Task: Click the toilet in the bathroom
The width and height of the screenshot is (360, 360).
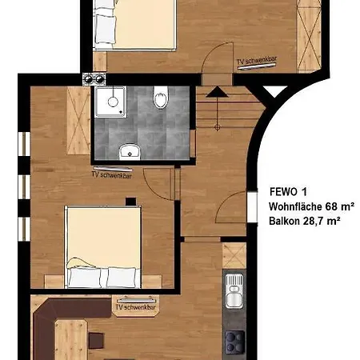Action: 161,98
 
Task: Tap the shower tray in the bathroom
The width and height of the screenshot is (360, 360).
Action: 111,102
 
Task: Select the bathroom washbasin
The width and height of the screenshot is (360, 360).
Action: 130,152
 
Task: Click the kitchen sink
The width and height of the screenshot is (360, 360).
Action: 234,291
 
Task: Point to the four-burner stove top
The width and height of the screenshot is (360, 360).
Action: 234,342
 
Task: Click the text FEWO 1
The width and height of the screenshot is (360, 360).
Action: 288,192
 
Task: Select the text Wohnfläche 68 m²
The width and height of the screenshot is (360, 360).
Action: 311,206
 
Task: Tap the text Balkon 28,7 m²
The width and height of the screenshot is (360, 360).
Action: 304,221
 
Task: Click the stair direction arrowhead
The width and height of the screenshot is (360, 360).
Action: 217,91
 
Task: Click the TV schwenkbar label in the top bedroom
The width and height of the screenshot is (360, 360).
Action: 257,61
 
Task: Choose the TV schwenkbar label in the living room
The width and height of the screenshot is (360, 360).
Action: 136,307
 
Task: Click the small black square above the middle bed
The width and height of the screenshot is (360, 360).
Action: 130,202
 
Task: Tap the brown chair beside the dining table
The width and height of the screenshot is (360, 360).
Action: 96,341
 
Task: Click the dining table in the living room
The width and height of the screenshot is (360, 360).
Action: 71,340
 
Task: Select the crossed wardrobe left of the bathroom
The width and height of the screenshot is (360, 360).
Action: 78,120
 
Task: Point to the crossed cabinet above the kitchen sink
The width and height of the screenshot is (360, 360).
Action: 234,255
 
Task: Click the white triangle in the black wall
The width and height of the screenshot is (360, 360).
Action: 274,91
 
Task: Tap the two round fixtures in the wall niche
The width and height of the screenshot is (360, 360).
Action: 94,78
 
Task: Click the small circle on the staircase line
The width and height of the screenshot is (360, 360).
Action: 217,127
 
